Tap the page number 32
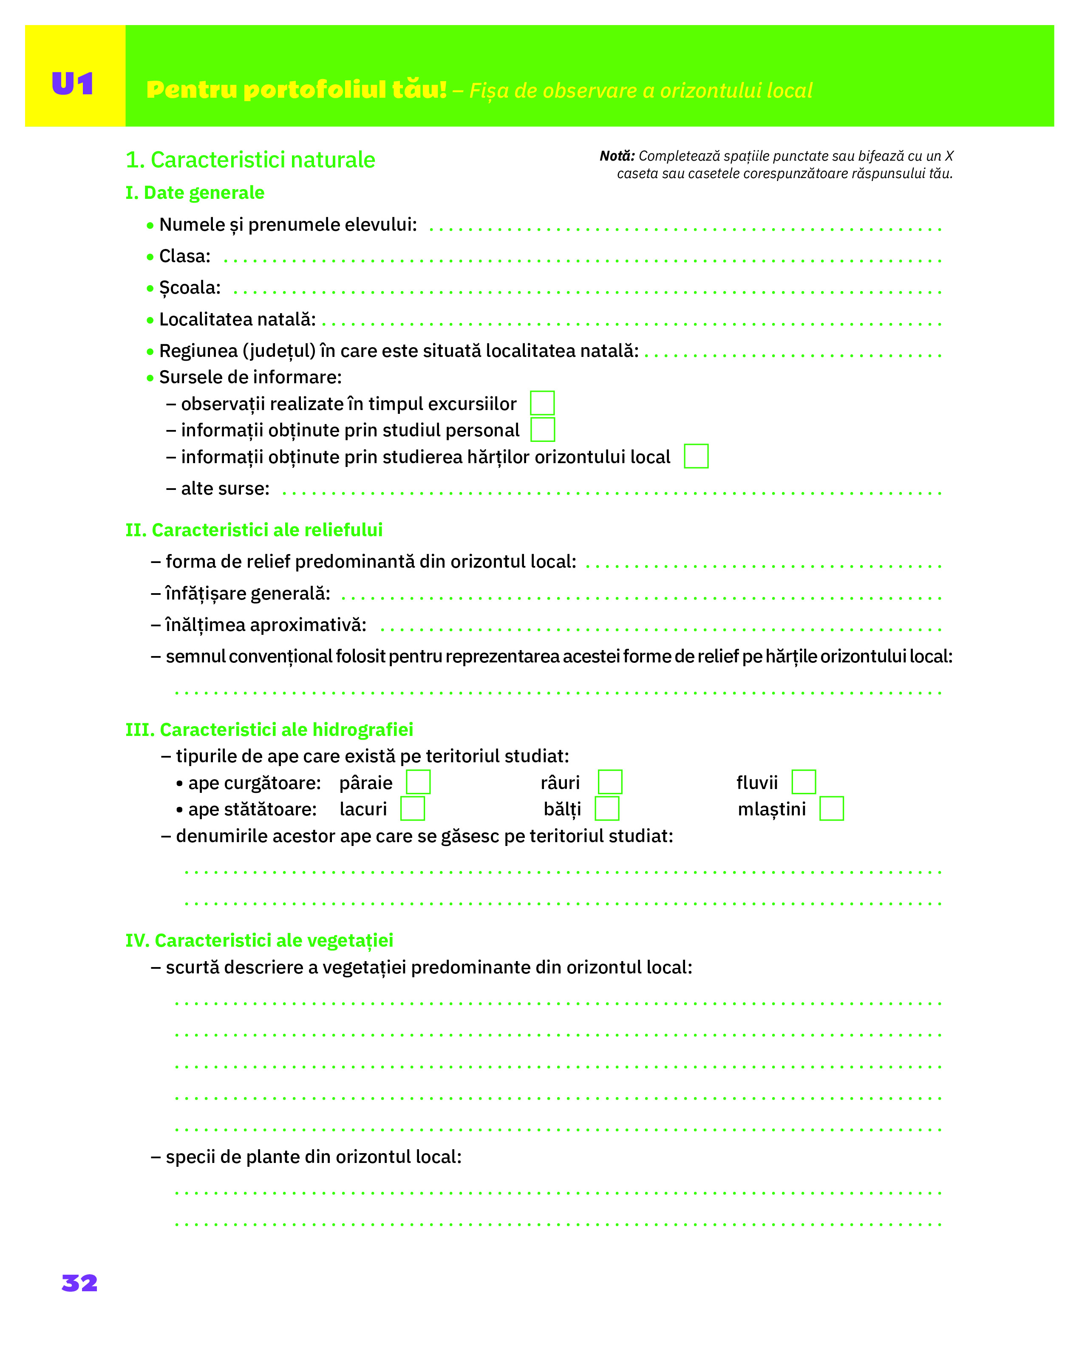coord(80,1283)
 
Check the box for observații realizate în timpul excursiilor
coord(542,403)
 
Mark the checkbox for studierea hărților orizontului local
coord(696,456)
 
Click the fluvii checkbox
coord(803,782)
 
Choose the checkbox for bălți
coord(606,808)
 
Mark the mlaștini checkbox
coord(831,808)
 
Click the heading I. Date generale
coord(195,192)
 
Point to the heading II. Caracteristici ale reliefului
coord(254,530)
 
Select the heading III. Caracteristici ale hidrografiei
coord(269,730)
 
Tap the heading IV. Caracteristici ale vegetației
coord(259,940)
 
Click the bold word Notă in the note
coord(617,156)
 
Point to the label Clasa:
coord(185,256)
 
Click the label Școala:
coord(190,288)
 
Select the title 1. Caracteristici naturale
coord(250,160)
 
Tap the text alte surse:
coord(225,488)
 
